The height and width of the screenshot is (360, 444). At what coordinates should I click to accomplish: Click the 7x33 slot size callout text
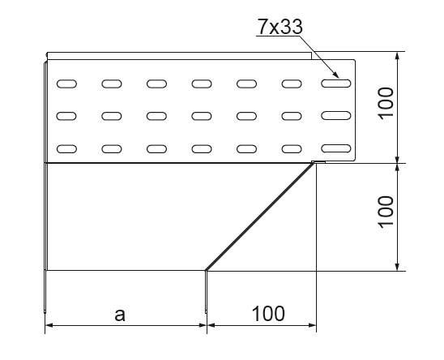click(x=280, y=27)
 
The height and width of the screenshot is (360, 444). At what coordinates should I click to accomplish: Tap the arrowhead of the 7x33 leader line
click(x=335, y=75)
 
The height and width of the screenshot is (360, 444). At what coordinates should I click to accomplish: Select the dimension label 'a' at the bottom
click(x=120, y=315)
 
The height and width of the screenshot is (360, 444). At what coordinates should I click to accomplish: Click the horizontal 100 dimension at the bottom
click(x=268, y=314)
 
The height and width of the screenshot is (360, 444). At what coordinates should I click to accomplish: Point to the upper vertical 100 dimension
click(x=386, y=103)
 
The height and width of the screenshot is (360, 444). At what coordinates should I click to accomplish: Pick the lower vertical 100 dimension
click(x=386, y=212)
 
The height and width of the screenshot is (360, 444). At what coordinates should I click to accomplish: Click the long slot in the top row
click(x=335, y=84)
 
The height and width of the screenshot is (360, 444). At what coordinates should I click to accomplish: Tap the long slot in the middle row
click(x=335, y=116)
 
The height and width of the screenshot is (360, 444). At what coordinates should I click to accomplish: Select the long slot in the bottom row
click(x=335, y=148)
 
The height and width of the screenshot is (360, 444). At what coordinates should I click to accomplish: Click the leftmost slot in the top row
click(x=66, y=84)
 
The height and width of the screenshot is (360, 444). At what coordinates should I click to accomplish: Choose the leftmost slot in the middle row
click(x=66, y=116)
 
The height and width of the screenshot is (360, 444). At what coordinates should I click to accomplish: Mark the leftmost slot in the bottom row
click(x=66, y=149)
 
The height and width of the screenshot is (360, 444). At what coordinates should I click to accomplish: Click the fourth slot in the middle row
click(x=202, y=116)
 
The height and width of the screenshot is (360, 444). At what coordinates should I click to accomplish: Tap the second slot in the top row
click(x=112, y=84)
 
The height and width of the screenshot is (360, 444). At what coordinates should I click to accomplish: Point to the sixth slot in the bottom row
click(x=292, y=149)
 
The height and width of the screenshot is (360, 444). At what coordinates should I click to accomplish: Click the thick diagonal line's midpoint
click(x=260, y=216)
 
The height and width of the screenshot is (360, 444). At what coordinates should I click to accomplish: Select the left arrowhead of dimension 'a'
click(x=49, y=325)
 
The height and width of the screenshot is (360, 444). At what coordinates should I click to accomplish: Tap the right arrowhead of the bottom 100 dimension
click(x=312, y=325)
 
